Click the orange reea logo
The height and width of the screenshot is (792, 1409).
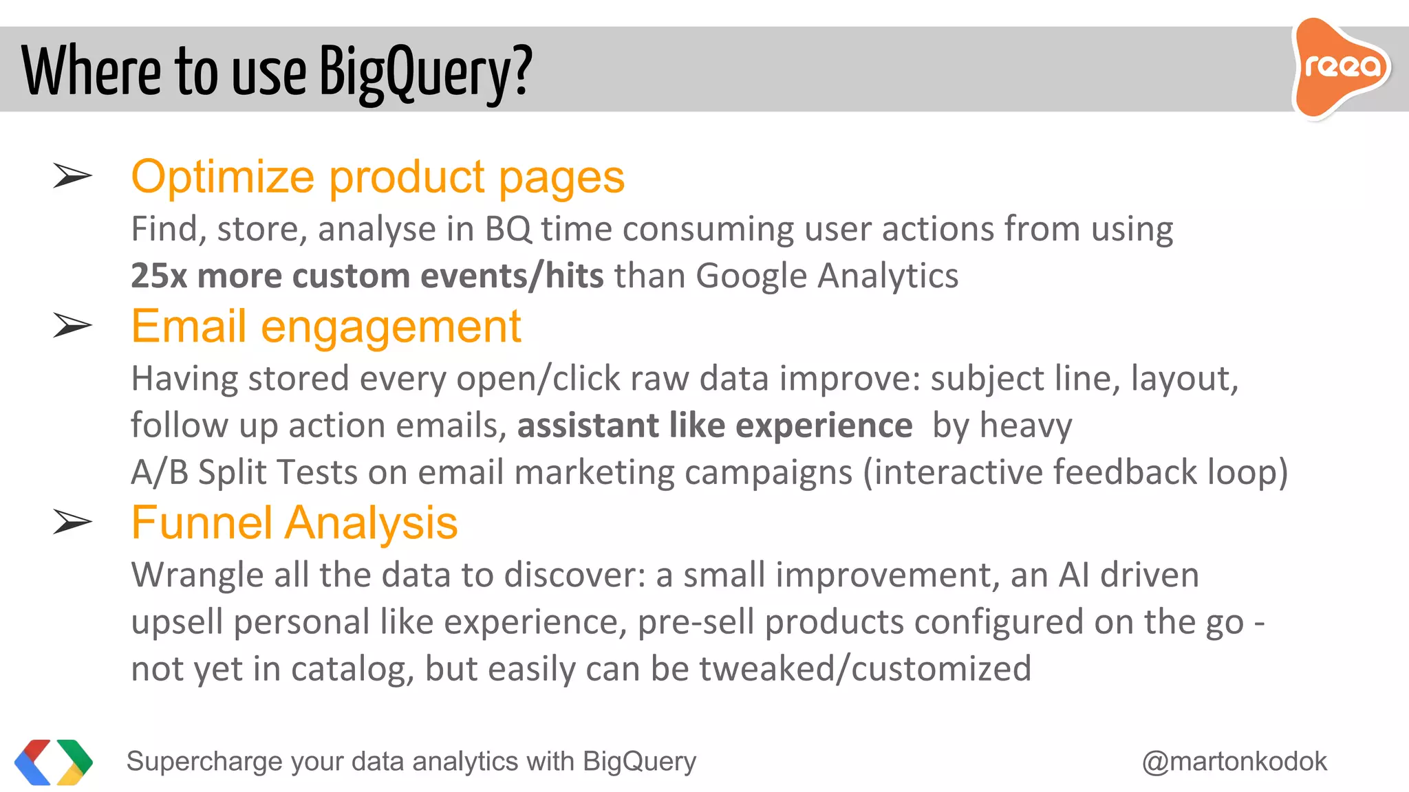tap(1340, 67)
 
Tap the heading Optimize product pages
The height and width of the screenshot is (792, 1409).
tap(378, 177)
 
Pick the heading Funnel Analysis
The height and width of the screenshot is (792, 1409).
tap(294, 522)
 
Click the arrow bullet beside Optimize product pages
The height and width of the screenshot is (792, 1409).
tap(72, 176)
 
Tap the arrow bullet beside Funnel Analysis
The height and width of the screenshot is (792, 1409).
tap(72, 522)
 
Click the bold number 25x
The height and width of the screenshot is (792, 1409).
tap(159, 276)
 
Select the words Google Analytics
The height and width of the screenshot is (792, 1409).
tap(827, 276)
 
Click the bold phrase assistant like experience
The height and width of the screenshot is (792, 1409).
tap(715, 426)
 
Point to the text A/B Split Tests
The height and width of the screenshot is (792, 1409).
tap(244, 473)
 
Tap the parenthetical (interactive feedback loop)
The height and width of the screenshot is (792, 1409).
tap(1075, 473)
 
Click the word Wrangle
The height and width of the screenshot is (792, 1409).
tap(197, 575)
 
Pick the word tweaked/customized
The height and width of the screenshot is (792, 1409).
tap(865, 669)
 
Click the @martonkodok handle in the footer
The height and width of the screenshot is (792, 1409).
tap(1234, 762)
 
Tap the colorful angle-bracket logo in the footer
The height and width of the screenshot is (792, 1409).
tap(54, 762)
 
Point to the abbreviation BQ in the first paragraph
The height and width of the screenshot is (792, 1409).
tap(508, 230)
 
